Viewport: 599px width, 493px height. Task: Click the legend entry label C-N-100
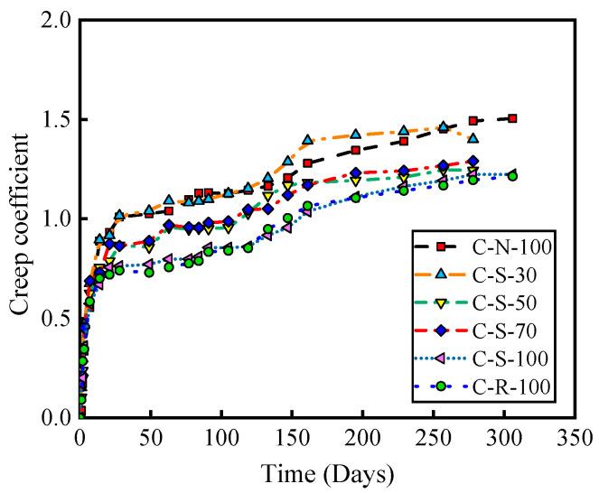[x=507, y=245]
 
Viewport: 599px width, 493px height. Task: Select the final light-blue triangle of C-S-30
[x=473, y=139]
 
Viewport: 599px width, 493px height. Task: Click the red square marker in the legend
[x=442, y=245]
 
